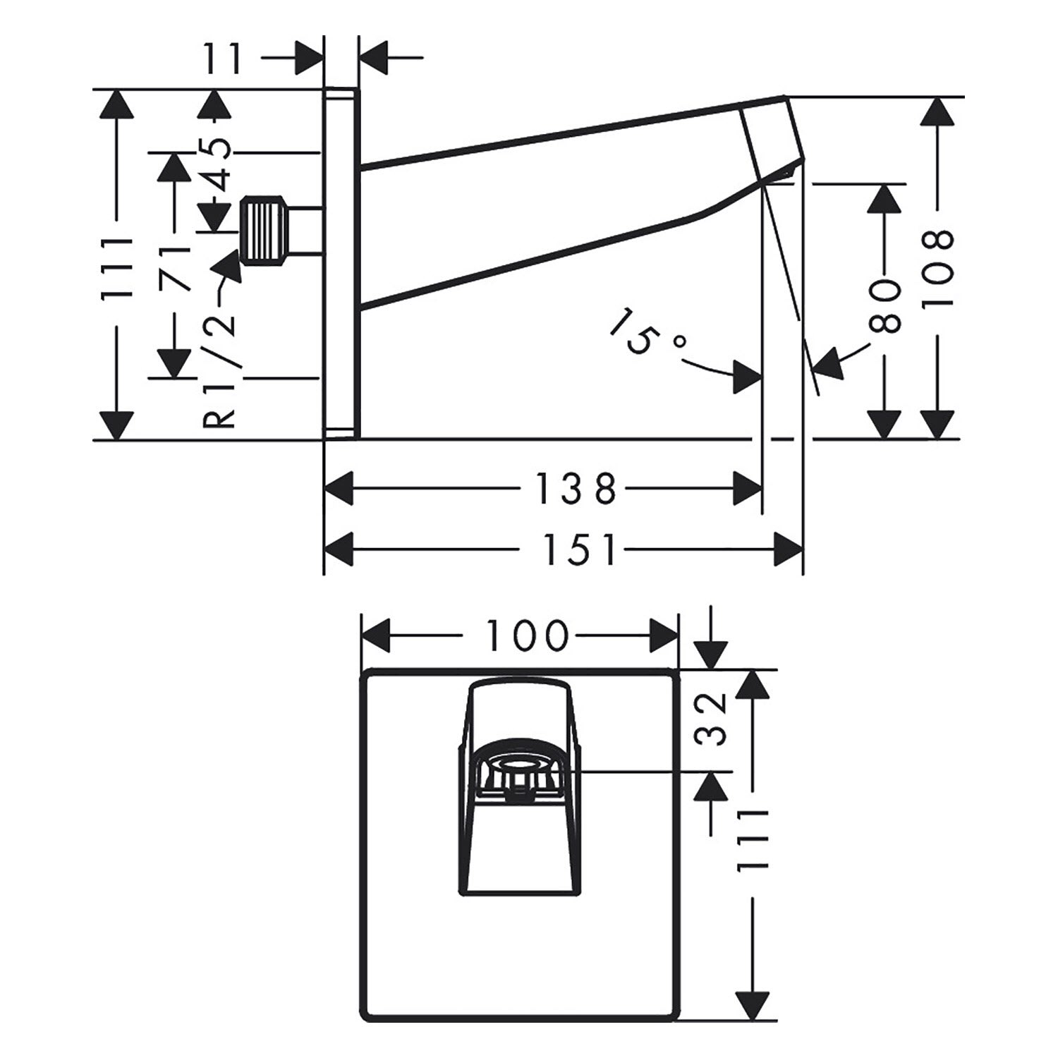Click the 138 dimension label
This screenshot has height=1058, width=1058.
click(576, 489)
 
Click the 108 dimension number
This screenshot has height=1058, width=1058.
click(937, 267)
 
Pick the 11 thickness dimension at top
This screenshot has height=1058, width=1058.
click(225, 59)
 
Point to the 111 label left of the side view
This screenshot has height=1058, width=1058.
click(117, 268)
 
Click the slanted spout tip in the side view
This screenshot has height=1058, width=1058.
click(772, 138)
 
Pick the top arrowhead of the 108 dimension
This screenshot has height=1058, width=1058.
click(937, 112)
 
